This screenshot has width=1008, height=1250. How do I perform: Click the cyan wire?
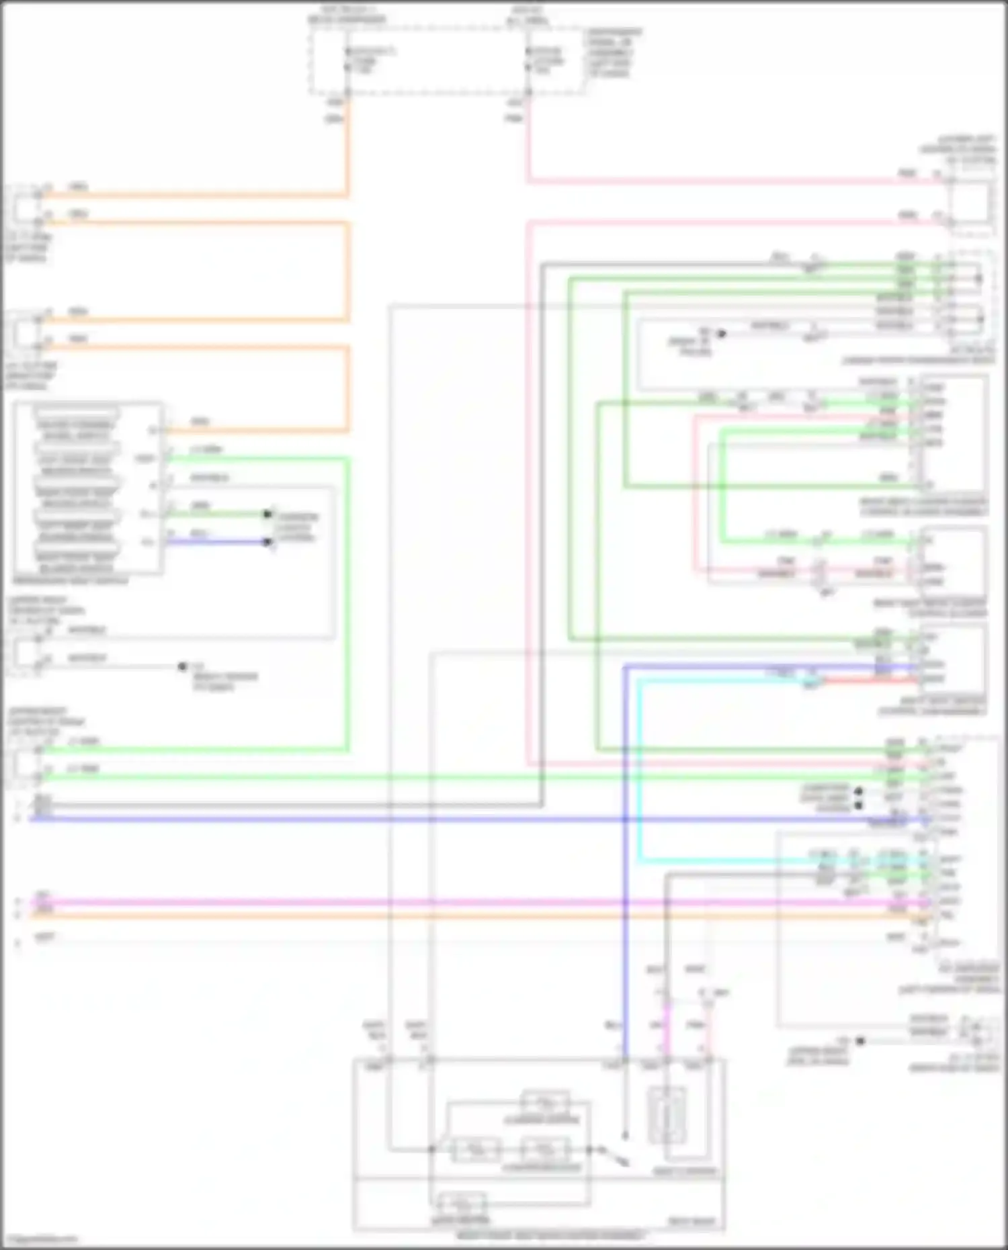click(638, 772)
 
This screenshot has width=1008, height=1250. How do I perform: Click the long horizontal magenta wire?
click(470, 902)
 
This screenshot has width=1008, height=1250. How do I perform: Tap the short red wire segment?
click(867, 681)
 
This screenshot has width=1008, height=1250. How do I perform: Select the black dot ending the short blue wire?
click(269, 542)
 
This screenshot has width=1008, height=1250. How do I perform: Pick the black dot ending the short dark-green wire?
click(268, 514)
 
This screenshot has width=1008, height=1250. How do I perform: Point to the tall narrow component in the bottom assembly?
click(667, 1115)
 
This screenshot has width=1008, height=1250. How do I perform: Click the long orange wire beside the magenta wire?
click(470, 915)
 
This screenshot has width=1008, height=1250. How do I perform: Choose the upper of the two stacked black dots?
click(858, 791)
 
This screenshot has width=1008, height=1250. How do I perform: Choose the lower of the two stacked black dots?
click(858, 804)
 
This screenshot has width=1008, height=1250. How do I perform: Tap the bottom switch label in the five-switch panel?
click(76, 563)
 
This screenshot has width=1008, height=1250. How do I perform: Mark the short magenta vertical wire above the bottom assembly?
click(667, 1028)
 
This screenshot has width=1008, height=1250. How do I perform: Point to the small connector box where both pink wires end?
click(971, 202)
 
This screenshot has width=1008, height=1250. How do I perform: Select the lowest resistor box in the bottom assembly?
click(460, 1203)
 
